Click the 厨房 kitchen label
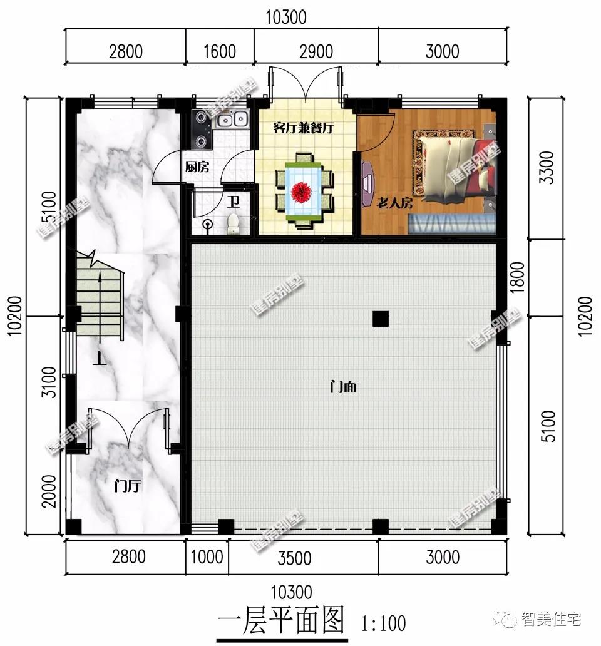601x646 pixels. point(197,167)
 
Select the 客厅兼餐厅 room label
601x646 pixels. point(304,128)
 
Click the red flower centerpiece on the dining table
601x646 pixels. point(304,190)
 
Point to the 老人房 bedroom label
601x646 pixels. point(394,203)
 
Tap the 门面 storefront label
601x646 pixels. point(343,387)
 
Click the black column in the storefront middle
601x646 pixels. point(379,319)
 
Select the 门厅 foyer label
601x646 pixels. point(127,486)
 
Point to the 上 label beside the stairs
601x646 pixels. point(98,359)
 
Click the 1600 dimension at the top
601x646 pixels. point(219,51)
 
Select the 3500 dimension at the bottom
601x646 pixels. point(302,556)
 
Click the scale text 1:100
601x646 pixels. point(383,623)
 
